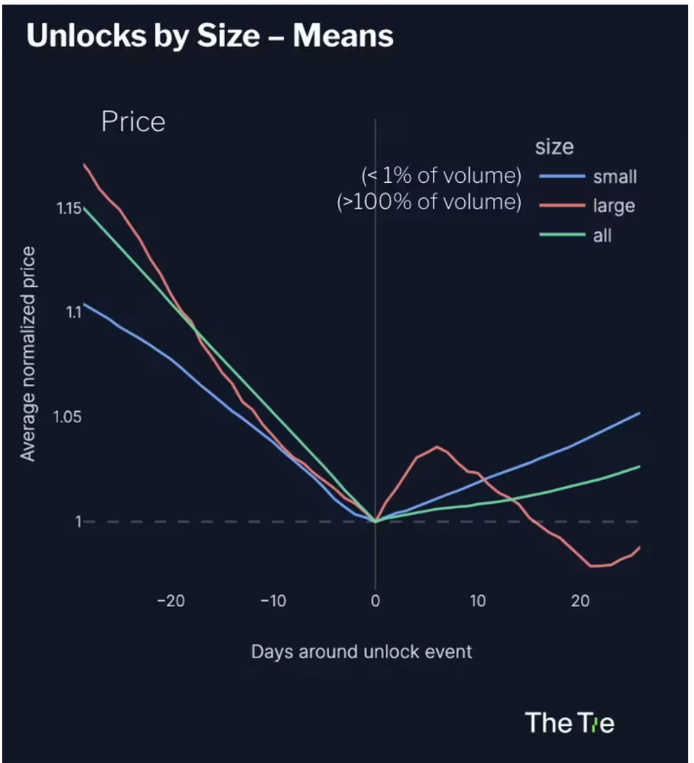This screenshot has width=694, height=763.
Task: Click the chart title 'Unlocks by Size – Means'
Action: [x=210, y=35]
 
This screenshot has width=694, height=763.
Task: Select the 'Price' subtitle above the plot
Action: [x=133, y=122]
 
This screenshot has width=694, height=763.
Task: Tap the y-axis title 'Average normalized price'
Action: [x=28, y=354]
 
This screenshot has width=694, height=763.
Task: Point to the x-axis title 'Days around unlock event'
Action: [x=361, y=652]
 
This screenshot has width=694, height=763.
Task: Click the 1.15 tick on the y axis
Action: [x=69, y=208]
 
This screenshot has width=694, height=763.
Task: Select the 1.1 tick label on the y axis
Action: [x=73, y=312]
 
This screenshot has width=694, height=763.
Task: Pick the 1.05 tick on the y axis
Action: [x=67, y=417]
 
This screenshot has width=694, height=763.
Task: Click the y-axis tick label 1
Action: [x=78, y=521]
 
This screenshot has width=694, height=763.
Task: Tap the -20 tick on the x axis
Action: [x=171, y=601]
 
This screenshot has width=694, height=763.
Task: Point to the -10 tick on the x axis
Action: [x=273, y=601]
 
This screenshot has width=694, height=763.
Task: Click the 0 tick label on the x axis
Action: [x=375, y=601]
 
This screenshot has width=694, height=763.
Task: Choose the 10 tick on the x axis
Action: [x=477, y=601]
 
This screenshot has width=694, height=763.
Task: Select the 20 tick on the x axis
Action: [x=580, y=601]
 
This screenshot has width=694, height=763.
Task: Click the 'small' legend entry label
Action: [x=615, y=177]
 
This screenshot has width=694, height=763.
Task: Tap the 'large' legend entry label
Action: [x=614, y=206]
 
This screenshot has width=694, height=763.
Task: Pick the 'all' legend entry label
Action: [x=602, y=235]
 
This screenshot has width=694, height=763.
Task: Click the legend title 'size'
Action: [x=554, y=147]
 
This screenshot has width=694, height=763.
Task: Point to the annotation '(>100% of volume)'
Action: [x=429, y=202]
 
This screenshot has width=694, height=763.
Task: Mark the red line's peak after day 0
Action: [x=437, y=447]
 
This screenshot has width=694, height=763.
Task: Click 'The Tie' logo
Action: [x=569, y=723]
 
